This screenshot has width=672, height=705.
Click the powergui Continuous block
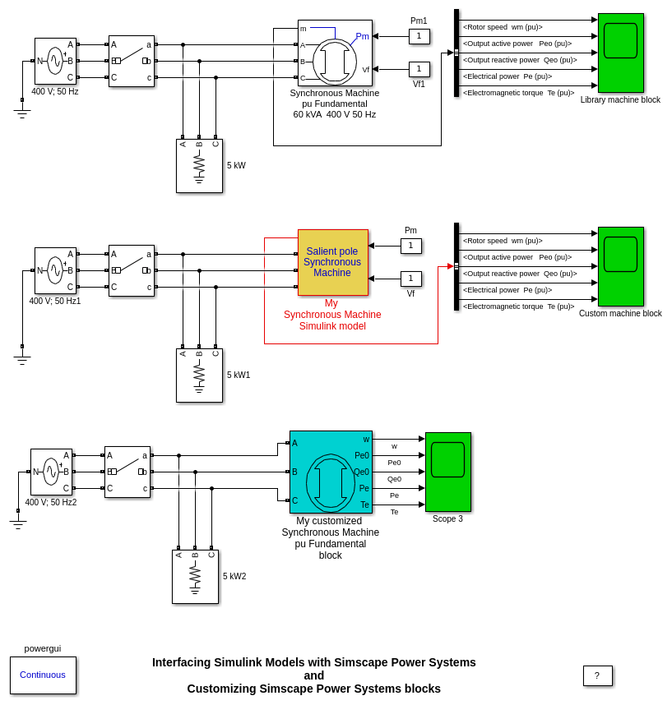pos(43,675)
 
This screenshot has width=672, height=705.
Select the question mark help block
pos(597,675)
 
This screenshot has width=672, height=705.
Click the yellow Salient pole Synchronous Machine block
pos(332,262)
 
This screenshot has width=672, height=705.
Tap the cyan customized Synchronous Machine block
pos(331,472)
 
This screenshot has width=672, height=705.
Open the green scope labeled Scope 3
pos(447,471)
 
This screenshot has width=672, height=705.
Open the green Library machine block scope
pos(620,53)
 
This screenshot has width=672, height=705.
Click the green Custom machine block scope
pos(620,266)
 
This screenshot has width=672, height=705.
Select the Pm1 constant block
pos(419,36)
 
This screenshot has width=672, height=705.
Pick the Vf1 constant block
pos(419,69)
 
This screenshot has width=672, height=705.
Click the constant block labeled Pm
pos(410,246)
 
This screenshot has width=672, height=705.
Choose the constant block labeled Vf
pos(410,279)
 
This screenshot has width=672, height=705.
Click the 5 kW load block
pos(199,166)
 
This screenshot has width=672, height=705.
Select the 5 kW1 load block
pos(199,376)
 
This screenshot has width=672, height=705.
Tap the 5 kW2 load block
pos(195,577)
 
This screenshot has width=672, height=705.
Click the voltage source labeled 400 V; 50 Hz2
pos(51,472)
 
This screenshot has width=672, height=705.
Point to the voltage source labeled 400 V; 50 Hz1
pos(55,270)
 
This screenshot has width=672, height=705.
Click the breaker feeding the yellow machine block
pos(132,270)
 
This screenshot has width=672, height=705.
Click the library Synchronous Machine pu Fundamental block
pos(335,53)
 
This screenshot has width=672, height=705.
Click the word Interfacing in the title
pos(181,662)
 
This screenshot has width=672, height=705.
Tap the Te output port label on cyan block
pos(364,505)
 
